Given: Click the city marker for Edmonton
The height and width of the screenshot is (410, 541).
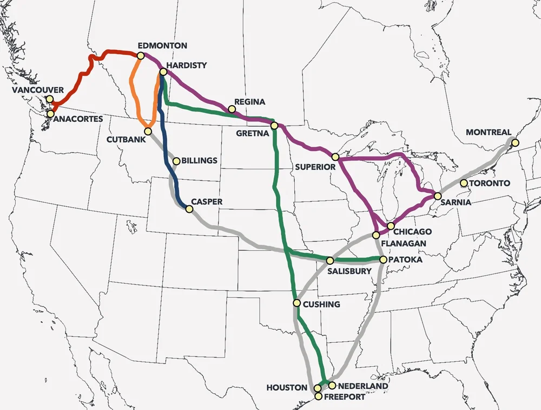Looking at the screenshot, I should (x=141, y=55).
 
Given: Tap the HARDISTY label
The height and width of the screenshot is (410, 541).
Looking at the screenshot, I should (x=187, y=66).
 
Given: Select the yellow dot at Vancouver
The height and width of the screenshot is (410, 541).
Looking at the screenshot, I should (x=50, y=99).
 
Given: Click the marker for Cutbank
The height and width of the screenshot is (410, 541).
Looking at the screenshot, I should (x=148, y=131).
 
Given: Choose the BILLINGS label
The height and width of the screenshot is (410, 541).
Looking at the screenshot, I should (x=200, y=161).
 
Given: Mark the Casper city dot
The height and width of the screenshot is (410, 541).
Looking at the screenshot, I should (x=188, y=209).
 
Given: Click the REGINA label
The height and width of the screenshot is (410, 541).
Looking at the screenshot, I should (x=250, y=102).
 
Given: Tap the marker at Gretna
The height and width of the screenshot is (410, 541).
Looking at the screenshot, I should (x=274, y=126).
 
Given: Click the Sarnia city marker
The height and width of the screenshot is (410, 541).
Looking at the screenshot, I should (x=437, y=196).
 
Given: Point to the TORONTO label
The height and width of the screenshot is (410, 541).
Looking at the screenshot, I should (x=490, y=184).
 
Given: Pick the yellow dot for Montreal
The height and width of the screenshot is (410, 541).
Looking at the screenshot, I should (x=515, y=143).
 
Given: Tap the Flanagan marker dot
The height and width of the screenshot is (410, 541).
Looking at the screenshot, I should (x=377, y=235).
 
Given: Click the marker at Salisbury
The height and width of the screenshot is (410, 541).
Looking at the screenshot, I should (x=330, y=261).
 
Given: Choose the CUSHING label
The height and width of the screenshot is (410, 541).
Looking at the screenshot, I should (x=321, y=304).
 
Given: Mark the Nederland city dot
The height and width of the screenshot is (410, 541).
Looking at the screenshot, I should (x=332, y=386).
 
